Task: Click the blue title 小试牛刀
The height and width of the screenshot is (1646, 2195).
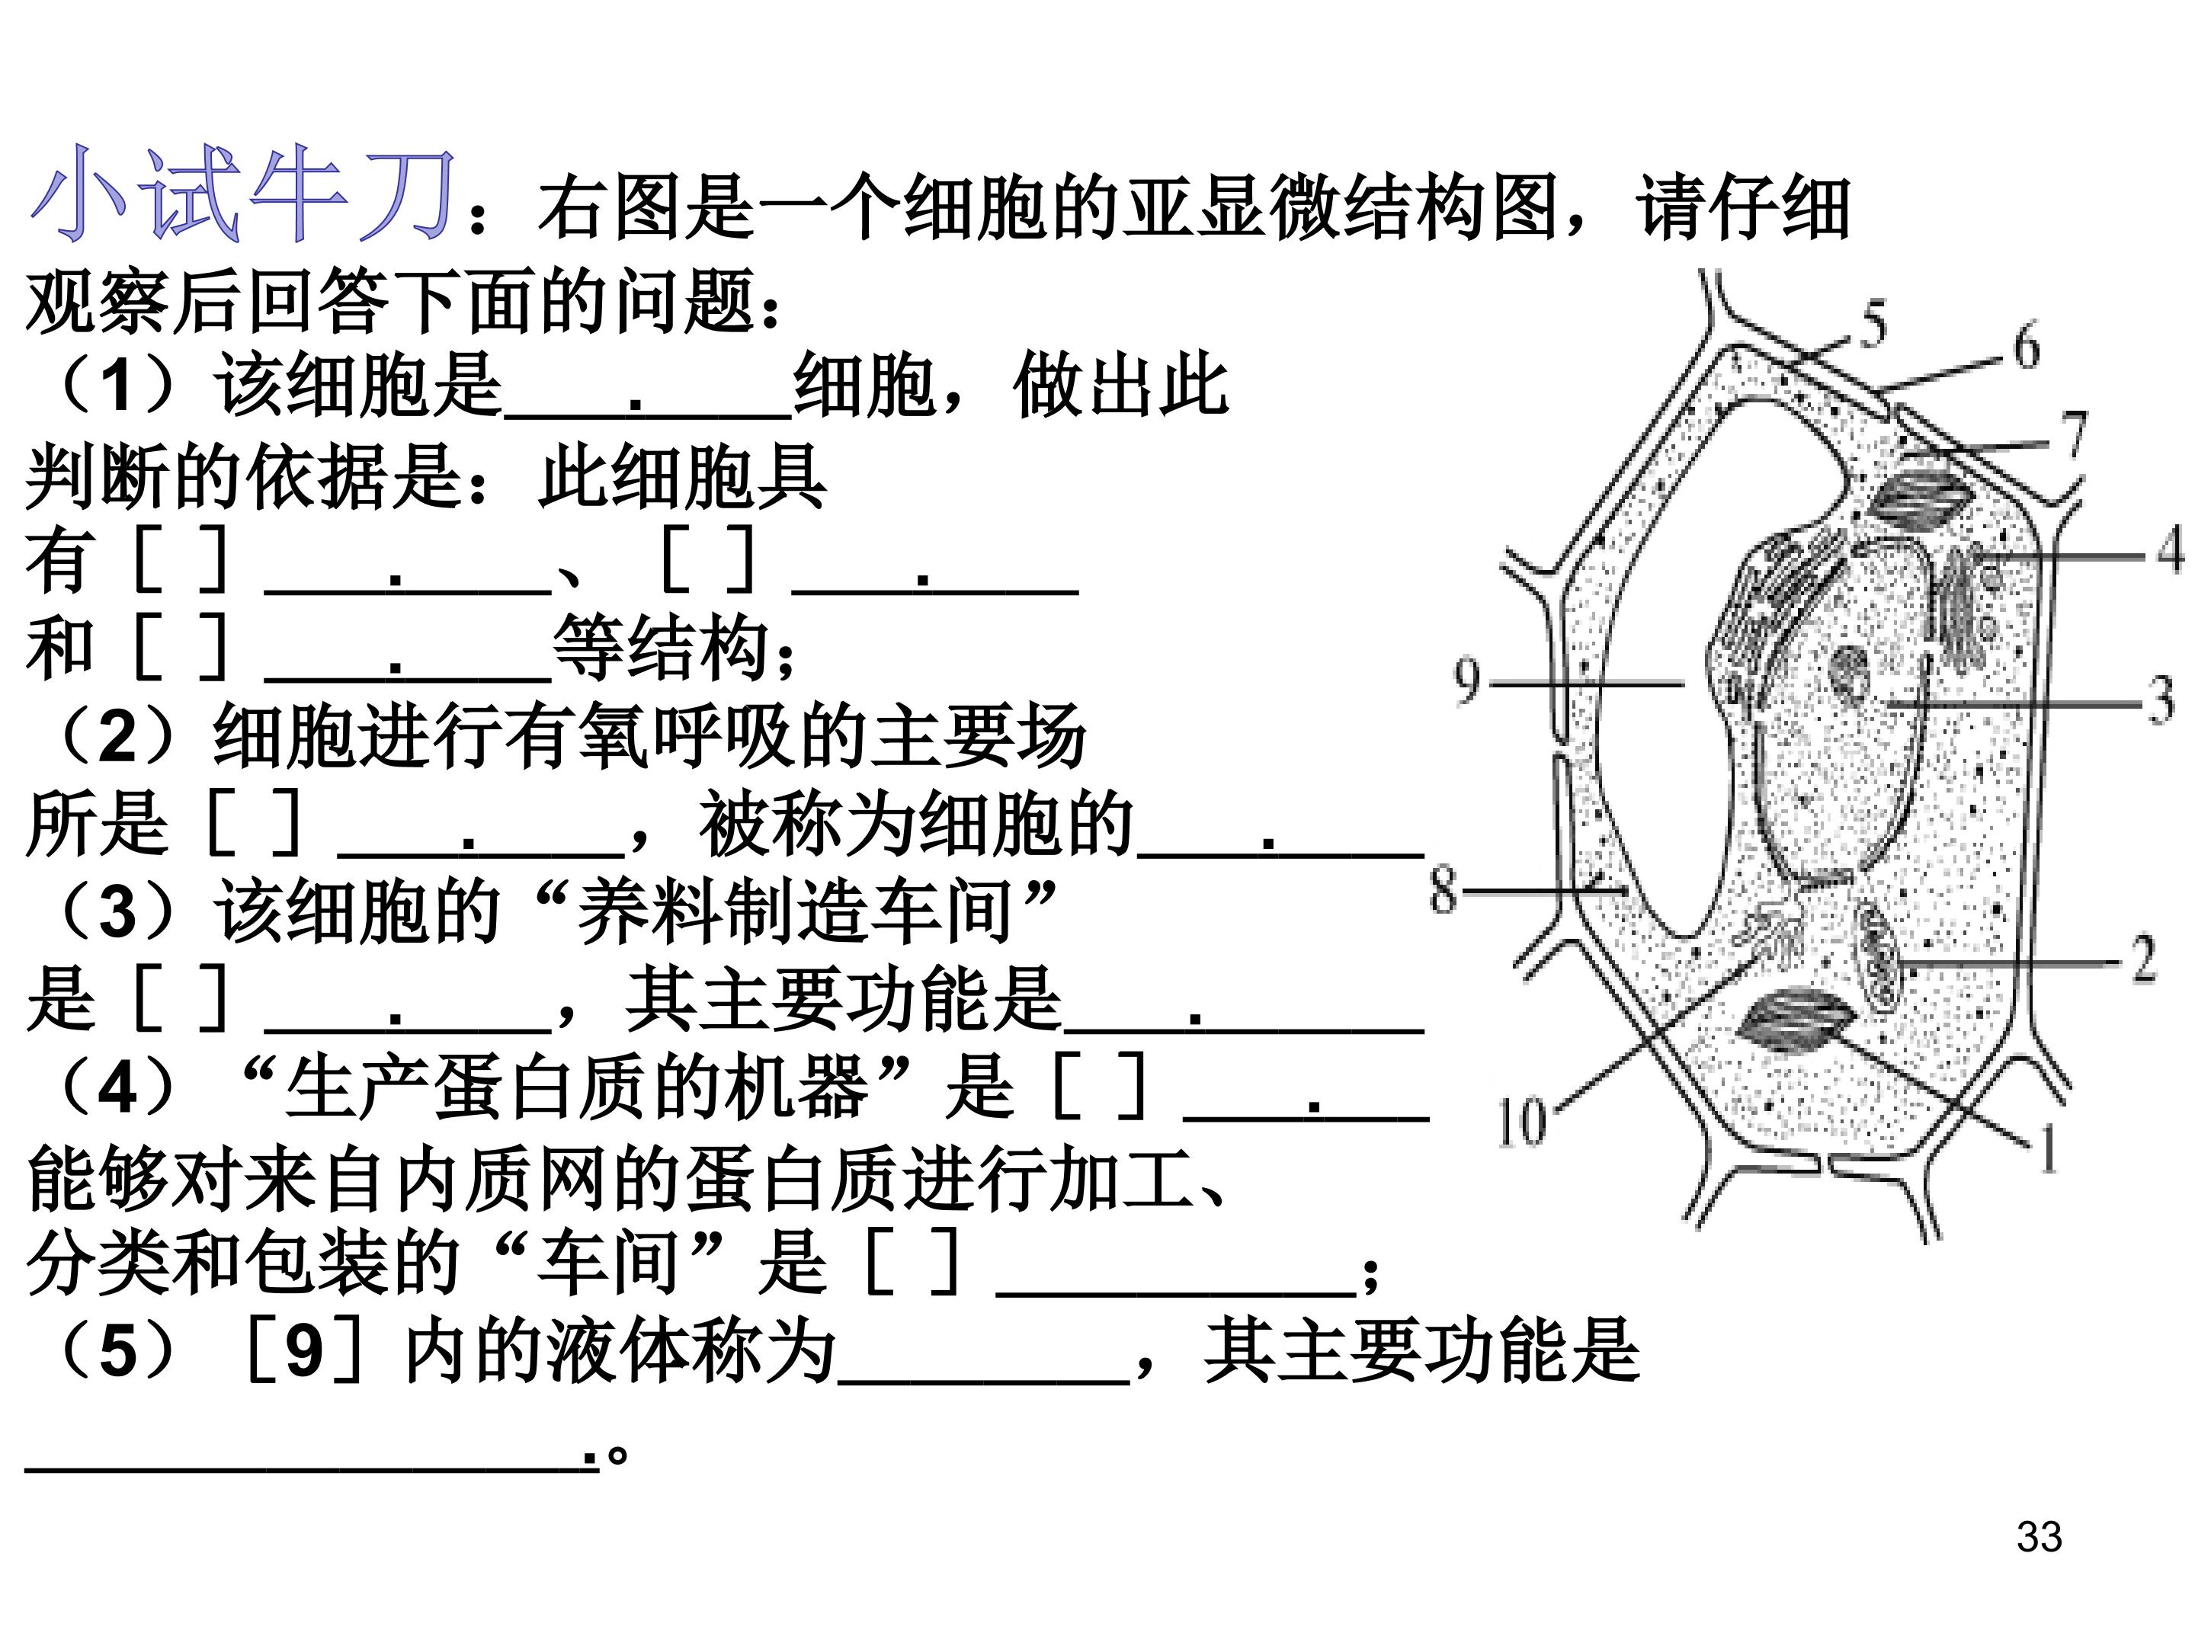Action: click(243, 194)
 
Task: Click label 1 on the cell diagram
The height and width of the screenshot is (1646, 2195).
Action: click(2047, 1150)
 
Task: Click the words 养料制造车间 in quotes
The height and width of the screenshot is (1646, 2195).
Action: click(794, 911)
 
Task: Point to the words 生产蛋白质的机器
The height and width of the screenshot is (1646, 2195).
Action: click(576, 1087)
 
